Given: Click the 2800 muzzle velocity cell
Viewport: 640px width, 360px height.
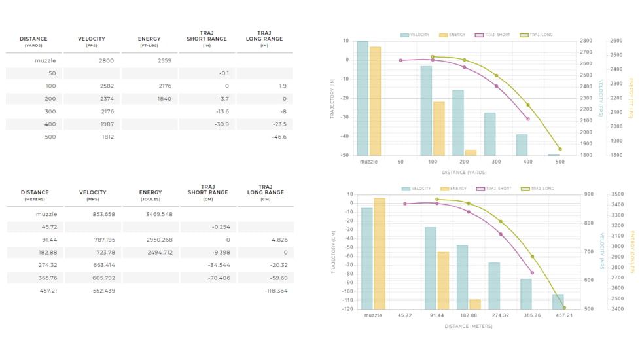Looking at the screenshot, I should coord(106,61).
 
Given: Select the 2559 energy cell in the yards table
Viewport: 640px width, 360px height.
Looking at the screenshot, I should coord(164,61).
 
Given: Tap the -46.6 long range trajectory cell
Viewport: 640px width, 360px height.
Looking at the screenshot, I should coord(279,137).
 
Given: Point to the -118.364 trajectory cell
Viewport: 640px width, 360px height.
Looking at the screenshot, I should coord(276,291).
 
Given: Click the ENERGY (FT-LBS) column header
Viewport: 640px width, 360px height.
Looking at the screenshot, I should coord(149,41).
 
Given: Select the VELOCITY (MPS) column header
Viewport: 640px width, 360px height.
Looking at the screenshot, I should coord(92,195).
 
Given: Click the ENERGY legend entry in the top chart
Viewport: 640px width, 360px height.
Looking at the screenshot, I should coord(452,35).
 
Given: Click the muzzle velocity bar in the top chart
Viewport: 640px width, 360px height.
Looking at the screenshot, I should coord(363,98).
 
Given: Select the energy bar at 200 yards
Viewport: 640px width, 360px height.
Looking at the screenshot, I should coord(471,153).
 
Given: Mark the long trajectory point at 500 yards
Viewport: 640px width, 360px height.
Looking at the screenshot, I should coord(560,149).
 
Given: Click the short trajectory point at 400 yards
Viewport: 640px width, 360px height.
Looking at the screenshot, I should coord(528,119).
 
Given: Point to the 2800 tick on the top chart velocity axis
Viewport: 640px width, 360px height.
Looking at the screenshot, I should coord(586,41).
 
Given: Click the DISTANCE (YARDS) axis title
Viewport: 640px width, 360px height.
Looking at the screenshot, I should coord(463,173).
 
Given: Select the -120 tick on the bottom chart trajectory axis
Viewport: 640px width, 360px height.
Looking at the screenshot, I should coord(347,309).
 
